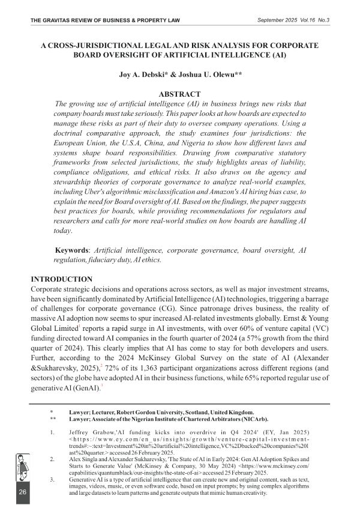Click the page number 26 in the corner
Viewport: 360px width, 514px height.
point(22,492)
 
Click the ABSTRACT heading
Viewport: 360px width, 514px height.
point(179,94)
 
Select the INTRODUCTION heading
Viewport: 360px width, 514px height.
point(62,279)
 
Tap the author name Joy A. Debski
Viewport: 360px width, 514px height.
point(142,76)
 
